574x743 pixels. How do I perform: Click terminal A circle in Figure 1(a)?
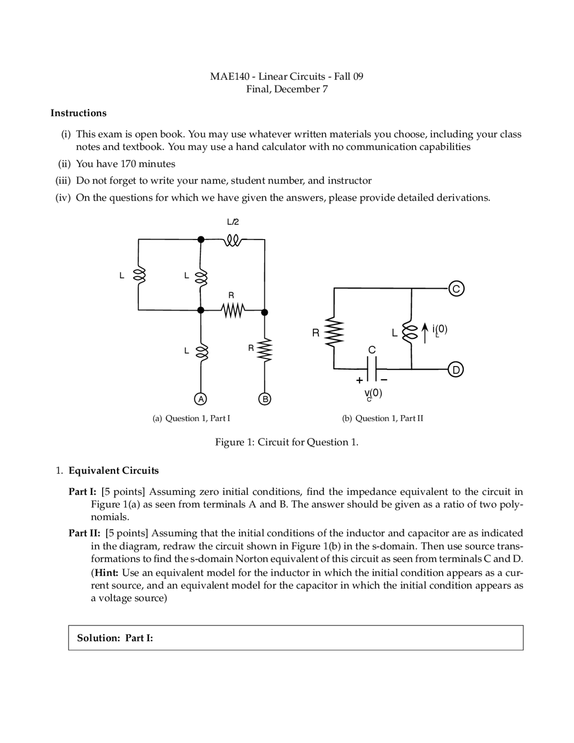tap(201, 398)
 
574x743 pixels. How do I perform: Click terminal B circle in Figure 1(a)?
tap(265, 398)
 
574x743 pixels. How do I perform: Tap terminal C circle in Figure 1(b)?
tap(456, 289)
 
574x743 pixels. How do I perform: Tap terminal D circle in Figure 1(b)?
tap(456, 370)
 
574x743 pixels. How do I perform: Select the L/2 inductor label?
tap(233, 222)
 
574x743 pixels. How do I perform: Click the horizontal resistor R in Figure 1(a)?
tap(232, 310)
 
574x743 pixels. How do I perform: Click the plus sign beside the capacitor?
tap(359, 380)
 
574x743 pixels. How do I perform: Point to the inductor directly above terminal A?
tap(201, 351)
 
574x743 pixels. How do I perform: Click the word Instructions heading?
tap(78, 113)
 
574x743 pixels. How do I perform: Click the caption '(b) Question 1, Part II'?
tap(383, 419)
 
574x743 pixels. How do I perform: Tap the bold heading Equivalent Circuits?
tap(113, 471)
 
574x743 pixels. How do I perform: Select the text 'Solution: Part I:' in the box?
tap(115, 638)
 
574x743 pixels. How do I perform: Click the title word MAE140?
tap(229, 76)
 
